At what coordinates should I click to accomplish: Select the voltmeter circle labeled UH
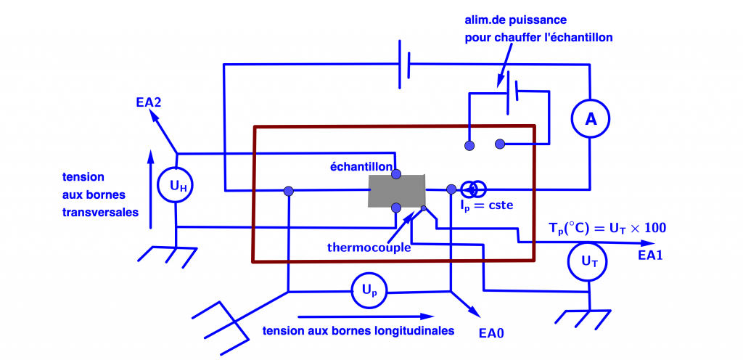[177, 187]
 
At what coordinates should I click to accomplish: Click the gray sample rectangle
[396, 191]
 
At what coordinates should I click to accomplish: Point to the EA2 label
[148, 102]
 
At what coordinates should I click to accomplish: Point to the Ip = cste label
[486, 205]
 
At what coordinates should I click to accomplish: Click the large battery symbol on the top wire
[404, 65]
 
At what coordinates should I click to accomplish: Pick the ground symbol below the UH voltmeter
[168, 253]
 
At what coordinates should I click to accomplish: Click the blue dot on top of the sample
[396, 173]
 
